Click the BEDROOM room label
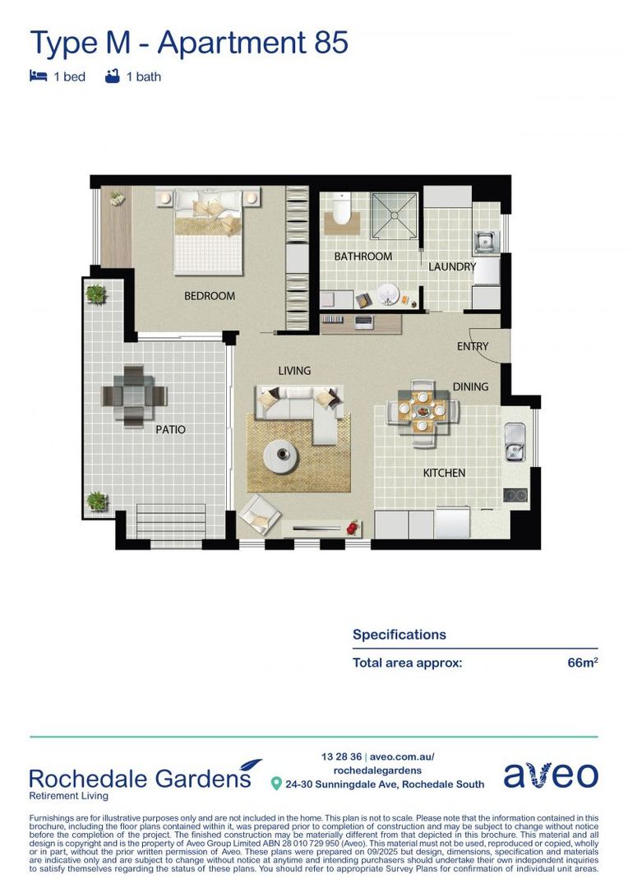pyautogui.click(x=209, y=296)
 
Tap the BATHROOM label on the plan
pyautogui.click(x=362, y=257)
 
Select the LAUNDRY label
pyautogui.click(x=451, y=267)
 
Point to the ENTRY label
pyautogui.click(x=472, y=346)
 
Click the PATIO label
pyautogui.click(x=171, y=429)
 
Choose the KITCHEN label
pyautogui.click(x=444, y=473)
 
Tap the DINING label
pyautogui.click(x=470, y=386)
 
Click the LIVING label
pyautogui.click(x=293, y=371)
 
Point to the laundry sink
pyautogui.click(x=485, y=241)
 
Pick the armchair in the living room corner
pyautogui.click(x=261, y=514)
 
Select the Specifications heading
pyautogui.click(x=399, y=635)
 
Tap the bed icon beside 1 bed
pyautogui.click(x=38, y=76)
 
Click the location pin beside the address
pyautogui.click(x=276, y=784)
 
